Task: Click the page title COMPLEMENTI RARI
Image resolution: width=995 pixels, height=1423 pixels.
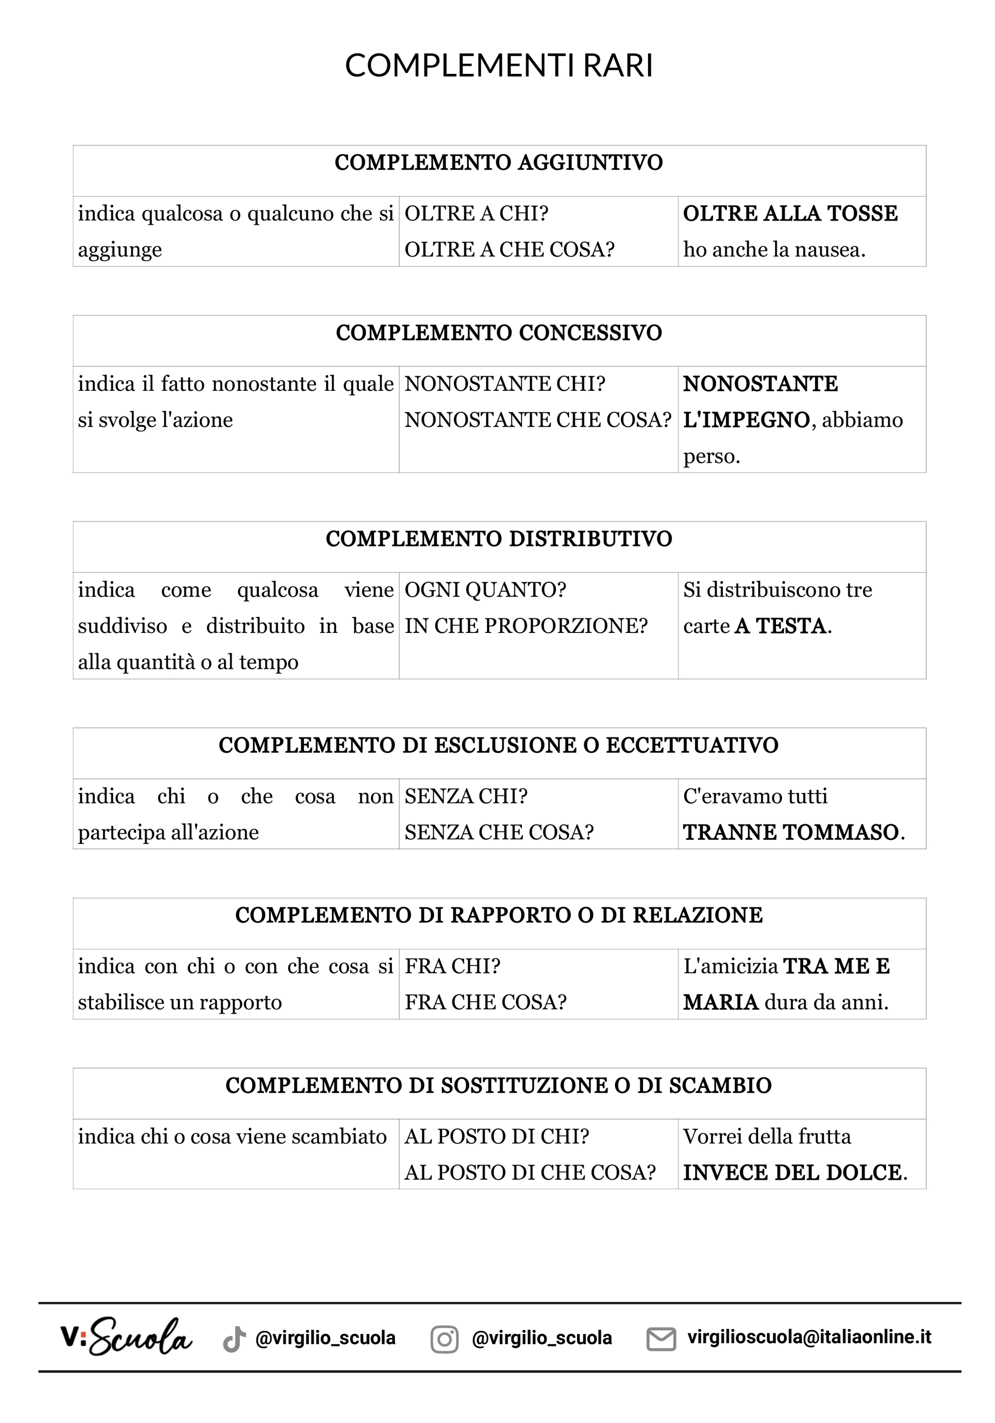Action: (x=498, y=65)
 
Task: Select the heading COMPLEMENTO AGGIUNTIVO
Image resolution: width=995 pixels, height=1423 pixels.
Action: (x=498, y=162)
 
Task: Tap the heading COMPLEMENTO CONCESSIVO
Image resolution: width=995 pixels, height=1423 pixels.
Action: (x=498, y=333)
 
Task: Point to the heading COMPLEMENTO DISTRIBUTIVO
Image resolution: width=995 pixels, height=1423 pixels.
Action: (x=498, y=538)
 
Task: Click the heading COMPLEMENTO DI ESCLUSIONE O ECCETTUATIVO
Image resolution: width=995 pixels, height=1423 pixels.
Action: (x=498, y=745)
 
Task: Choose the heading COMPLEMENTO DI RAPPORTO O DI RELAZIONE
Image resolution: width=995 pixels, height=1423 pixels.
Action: (x=498, y=915)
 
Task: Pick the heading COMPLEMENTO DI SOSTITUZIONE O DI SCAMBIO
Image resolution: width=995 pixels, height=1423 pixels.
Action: (x=498, y=1085)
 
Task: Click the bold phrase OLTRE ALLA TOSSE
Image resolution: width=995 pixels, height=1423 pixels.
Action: (x=790, y=213)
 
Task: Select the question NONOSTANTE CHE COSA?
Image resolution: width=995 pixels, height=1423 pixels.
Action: (x=538, y=419)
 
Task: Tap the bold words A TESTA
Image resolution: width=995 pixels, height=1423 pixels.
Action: (x=780, y=626)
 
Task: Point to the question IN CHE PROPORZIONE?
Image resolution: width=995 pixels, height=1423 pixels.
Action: (x=526, y=626)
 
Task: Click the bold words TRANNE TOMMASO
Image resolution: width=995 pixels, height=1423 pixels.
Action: (x=790, y=832)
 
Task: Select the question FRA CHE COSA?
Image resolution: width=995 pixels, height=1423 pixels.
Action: (x=485, y=1002)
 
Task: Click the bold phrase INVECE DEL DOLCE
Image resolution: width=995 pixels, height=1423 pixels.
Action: (x=792, y=1172)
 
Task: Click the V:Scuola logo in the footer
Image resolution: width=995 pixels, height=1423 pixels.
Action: (x=126, y=1337)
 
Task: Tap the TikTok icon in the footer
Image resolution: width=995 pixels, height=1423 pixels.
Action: (x=234, y=1339)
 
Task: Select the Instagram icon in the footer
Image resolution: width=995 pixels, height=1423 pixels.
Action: (x=444, y=1339)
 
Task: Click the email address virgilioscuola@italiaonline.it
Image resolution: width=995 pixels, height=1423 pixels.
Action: (x=809, y=1337)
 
